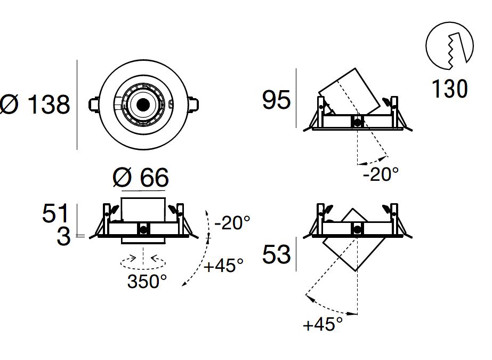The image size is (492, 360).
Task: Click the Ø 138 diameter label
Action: coord(35,105)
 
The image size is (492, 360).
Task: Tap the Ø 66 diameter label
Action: coord(141,177)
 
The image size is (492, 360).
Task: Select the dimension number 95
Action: coord(277,100)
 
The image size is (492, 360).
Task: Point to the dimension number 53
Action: coord(277,255)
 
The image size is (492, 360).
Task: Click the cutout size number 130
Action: coord(449,89)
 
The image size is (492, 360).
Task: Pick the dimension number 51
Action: coord(56,214)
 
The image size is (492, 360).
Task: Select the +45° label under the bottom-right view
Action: coord(322,324)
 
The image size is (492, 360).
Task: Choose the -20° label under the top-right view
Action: coord(381,174)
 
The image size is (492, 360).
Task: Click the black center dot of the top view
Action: coord(142,105)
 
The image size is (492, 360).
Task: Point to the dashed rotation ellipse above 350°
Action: coord(143,261)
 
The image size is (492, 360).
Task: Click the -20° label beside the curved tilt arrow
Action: coord(232,222)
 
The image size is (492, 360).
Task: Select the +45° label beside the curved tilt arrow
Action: coord(223,265)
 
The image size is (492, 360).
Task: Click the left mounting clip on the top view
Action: coord(93,104)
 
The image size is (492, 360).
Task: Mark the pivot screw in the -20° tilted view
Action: coord(357,122)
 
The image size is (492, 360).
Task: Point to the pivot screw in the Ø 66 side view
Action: coord(143,230)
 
